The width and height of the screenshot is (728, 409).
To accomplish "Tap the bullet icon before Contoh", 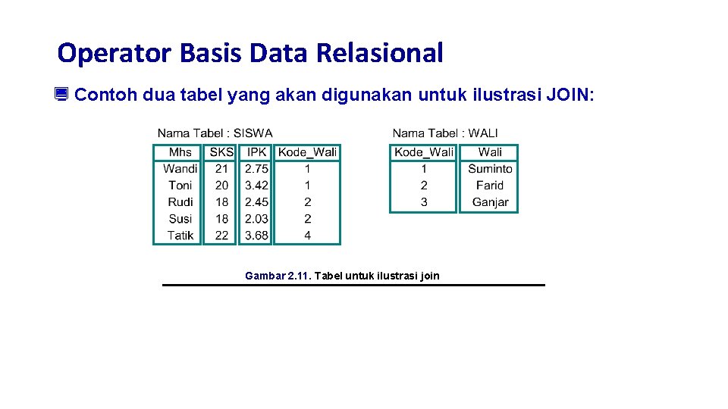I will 61,95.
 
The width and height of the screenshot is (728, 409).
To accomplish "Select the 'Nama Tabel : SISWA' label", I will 215,133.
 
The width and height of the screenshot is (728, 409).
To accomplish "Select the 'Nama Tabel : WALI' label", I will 445,133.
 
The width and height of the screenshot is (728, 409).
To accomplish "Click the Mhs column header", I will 180,152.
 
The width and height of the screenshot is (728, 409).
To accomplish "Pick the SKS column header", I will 221,152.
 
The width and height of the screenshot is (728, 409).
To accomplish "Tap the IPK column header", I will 256,152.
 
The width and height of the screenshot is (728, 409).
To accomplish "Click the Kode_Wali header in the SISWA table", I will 307,152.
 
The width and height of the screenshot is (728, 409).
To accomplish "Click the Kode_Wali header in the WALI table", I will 423,152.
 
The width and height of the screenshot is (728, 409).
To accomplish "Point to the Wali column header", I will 490,152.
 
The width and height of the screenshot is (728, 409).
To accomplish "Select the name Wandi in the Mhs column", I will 180,169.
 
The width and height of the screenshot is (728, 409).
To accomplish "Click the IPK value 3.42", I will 256,186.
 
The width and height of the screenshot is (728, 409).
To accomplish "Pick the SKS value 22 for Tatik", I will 221,236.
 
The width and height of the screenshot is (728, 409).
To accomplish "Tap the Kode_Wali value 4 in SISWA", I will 307,236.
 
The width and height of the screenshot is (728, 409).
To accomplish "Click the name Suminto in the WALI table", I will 490,169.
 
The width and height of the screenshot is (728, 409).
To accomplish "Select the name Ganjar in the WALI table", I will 490,202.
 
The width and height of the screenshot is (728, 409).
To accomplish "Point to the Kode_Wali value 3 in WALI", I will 423,202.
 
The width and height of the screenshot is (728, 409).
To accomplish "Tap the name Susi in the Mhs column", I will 180,219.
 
